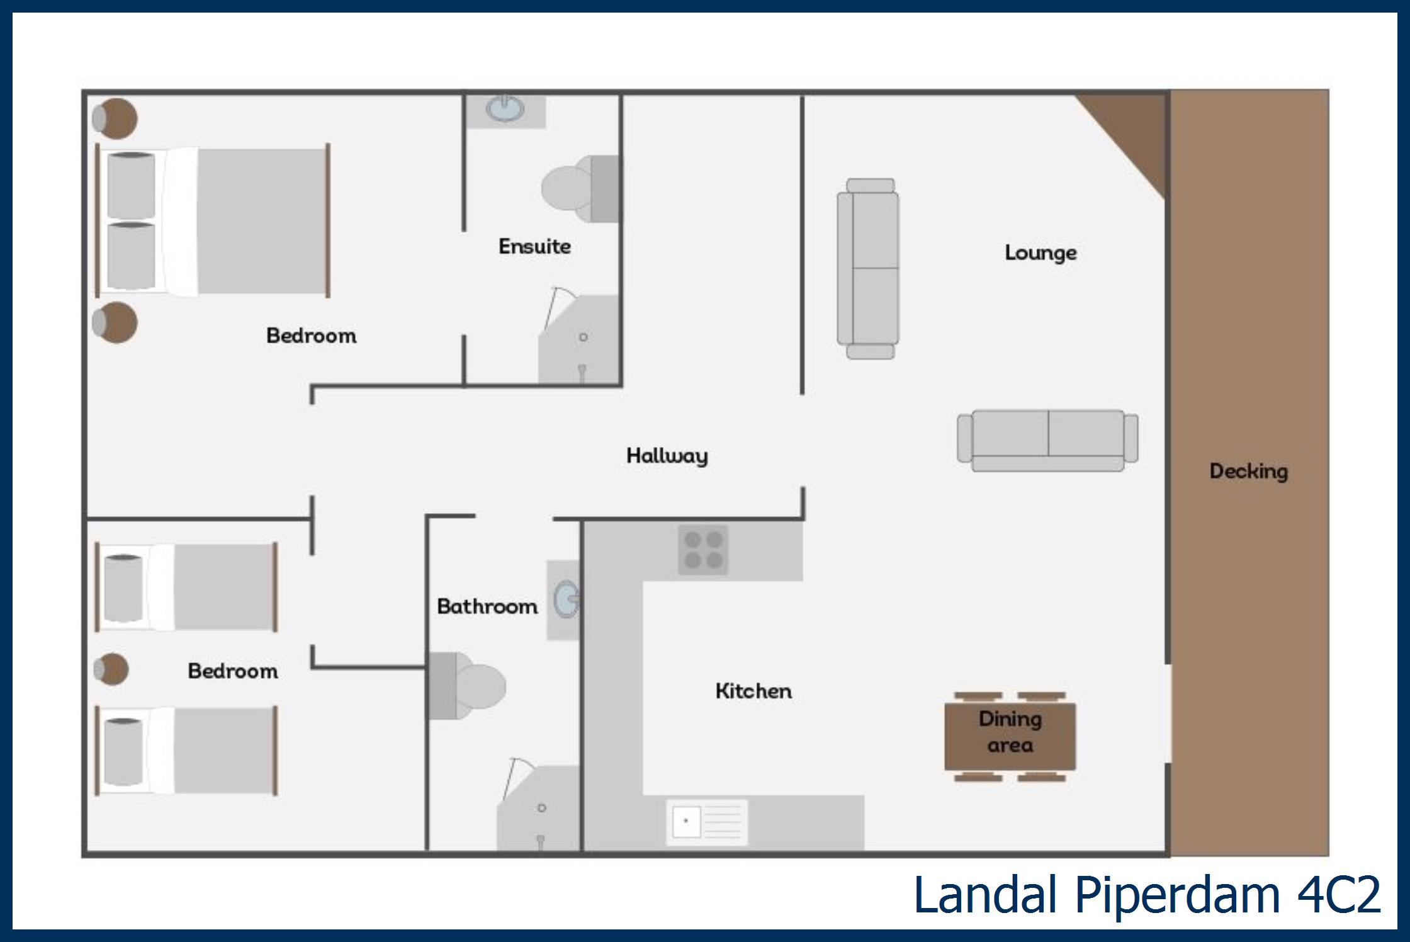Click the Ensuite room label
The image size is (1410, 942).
534,246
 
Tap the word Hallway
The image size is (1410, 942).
667,455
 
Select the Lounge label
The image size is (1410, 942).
1041,253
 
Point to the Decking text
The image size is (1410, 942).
1248,471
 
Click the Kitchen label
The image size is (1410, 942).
753,691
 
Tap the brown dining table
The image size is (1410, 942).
1010,735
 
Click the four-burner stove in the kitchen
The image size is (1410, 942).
703,550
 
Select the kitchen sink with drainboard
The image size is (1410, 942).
707,822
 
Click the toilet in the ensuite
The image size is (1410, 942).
579,189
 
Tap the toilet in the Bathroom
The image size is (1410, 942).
469,686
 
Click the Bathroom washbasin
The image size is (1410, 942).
565,599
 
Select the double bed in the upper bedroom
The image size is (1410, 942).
214,221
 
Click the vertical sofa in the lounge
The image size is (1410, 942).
868,269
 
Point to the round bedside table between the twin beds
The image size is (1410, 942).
112,669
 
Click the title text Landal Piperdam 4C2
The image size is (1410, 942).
1146,895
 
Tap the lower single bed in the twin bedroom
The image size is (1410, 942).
187,751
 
